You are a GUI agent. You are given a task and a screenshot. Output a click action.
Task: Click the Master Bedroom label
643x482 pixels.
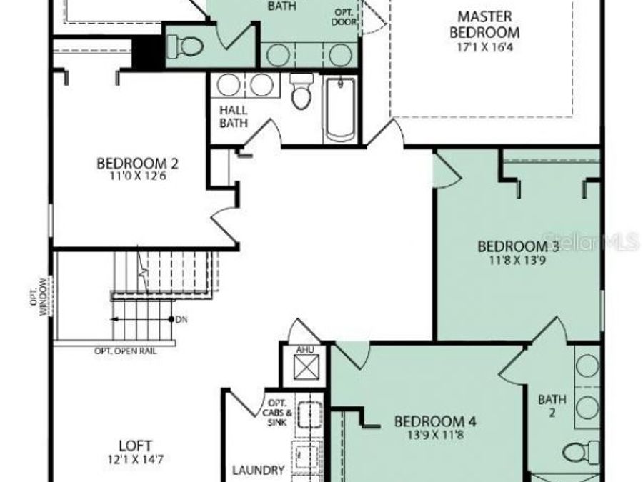488,24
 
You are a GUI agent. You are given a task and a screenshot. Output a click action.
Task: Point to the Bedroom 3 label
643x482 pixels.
518,247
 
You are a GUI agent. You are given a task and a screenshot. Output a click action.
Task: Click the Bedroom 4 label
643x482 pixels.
435,420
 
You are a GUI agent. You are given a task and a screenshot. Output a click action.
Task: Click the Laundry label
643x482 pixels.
259,471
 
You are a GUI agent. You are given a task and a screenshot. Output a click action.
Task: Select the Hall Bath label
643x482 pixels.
234,116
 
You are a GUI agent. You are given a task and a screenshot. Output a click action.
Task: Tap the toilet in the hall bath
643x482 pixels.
301,93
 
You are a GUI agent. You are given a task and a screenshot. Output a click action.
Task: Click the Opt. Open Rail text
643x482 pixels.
126,351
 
